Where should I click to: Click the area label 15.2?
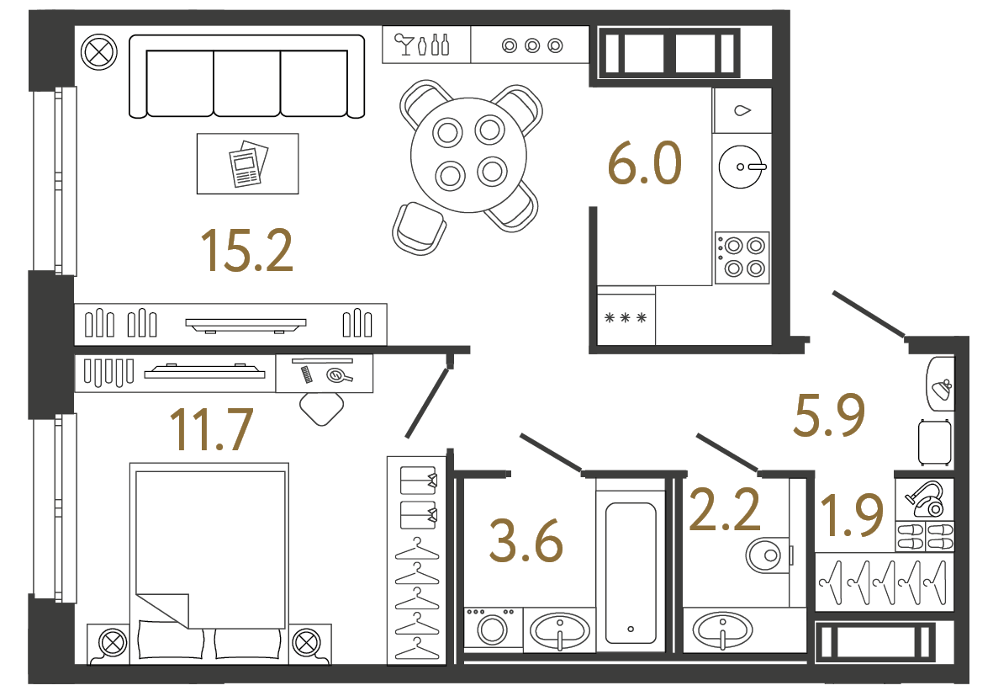tap(246, 251)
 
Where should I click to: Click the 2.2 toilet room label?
tap(724, 511)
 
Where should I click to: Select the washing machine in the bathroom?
tap(493, 630)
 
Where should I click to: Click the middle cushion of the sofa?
tap(247, 82)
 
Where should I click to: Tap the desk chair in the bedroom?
tap(321, 408)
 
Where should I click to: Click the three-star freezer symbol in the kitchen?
tap(626, 318)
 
